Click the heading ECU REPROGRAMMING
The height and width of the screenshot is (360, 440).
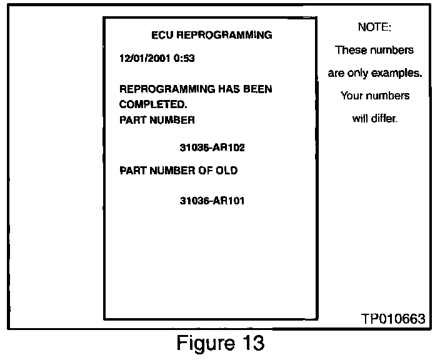(x=212, y=35)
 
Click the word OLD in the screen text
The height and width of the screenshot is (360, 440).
(x=226, y=170)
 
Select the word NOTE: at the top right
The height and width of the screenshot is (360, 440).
(x=374, y=27)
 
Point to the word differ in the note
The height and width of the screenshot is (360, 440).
(x=385, y=119)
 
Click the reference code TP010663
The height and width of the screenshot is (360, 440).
(x=393, y=319)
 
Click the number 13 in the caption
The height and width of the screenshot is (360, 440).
(x=252, y=343)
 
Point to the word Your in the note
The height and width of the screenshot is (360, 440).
(x=352, y=96)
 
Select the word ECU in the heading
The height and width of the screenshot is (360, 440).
(x=162, y=35)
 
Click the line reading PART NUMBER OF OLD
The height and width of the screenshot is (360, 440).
(x=178, y=170)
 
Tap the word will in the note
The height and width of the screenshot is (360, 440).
(x=360, y=119)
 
